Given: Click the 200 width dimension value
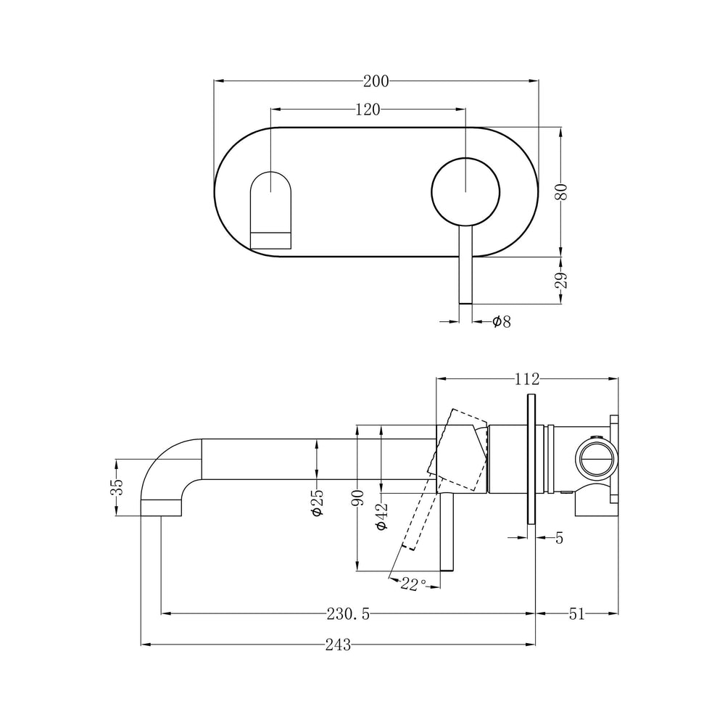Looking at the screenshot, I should tap(376, 81).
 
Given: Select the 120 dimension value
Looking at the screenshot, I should tap(368, 109).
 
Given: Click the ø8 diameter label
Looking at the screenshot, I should tap(501, 321).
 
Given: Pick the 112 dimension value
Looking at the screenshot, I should tap(526, 378).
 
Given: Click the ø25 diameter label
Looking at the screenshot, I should tap(317, 502).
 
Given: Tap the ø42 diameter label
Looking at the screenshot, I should tap(382, 516).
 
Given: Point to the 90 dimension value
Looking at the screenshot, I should tap(357, 499).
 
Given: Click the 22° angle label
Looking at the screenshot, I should tap(413, 584).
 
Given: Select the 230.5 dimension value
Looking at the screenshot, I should tap(348, 614).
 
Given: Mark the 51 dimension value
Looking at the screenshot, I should tap(576, 614).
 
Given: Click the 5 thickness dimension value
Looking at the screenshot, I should tap(559, 537).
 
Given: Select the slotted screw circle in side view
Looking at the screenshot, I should tap(596, 457).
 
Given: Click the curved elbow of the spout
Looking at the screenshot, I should tap(170, 464).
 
